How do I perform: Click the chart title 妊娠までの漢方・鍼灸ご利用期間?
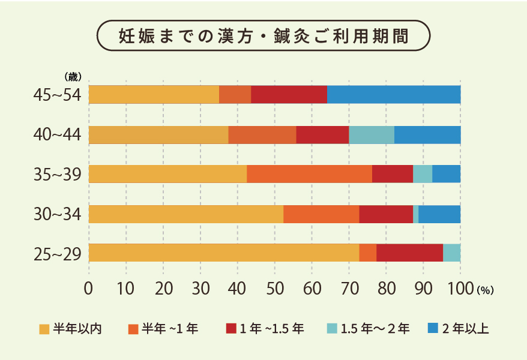(263, 35)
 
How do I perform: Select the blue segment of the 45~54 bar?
(394, 95)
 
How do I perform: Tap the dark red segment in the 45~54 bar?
(289, 95)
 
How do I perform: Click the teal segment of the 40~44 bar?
(372, 135)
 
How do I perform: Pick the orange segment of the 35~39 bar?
(309, 173)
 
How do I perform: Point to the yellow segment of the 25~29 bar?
(224, 253)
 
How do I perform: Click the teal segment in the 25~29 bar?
(451, 253)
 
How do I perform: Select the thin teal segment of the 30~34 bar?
(415, 214)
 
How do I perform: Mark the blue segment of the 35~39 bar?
(446, 173)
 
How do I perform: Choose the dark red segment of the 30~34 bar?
(385, 214)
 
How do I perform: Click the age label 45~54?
(58, 95)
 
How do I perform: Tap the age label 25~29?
(58, 254)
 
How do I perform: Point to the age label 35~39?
(58, 175)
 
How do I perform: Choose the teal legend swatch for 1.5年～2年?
(331, 328)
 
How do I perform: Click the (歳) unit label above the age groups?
(73, 76)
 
